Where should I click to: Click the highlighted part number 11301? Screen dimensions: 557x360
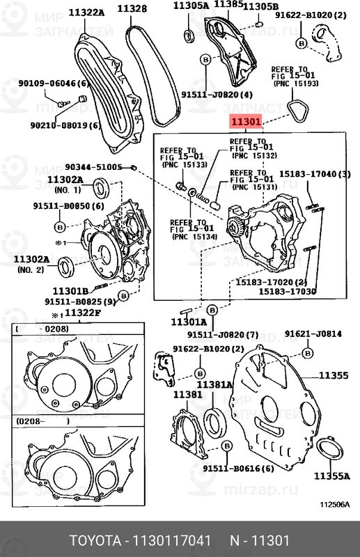pyautogui.click(x=246, y=123)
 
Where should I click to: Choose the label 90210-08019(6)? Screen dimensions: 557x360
pyautogui.click(x=65, y=126)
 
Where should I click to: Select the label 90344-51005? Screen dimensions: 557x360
pyautogui.click(x=93, y=167)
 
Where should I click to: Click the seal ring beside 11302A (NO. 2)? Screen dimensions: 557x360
pyautogui.click(x=67, y=265)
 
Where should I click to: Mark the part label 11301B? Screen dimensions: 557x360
pyautogui.click(x=70, y=290)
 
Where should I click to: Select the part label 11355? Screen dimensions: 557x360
pyautogui.click(x=334, y=376)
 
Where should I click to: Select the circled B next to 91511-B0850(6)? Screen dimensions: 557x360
pyautogui.click(x=60, y=228)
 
